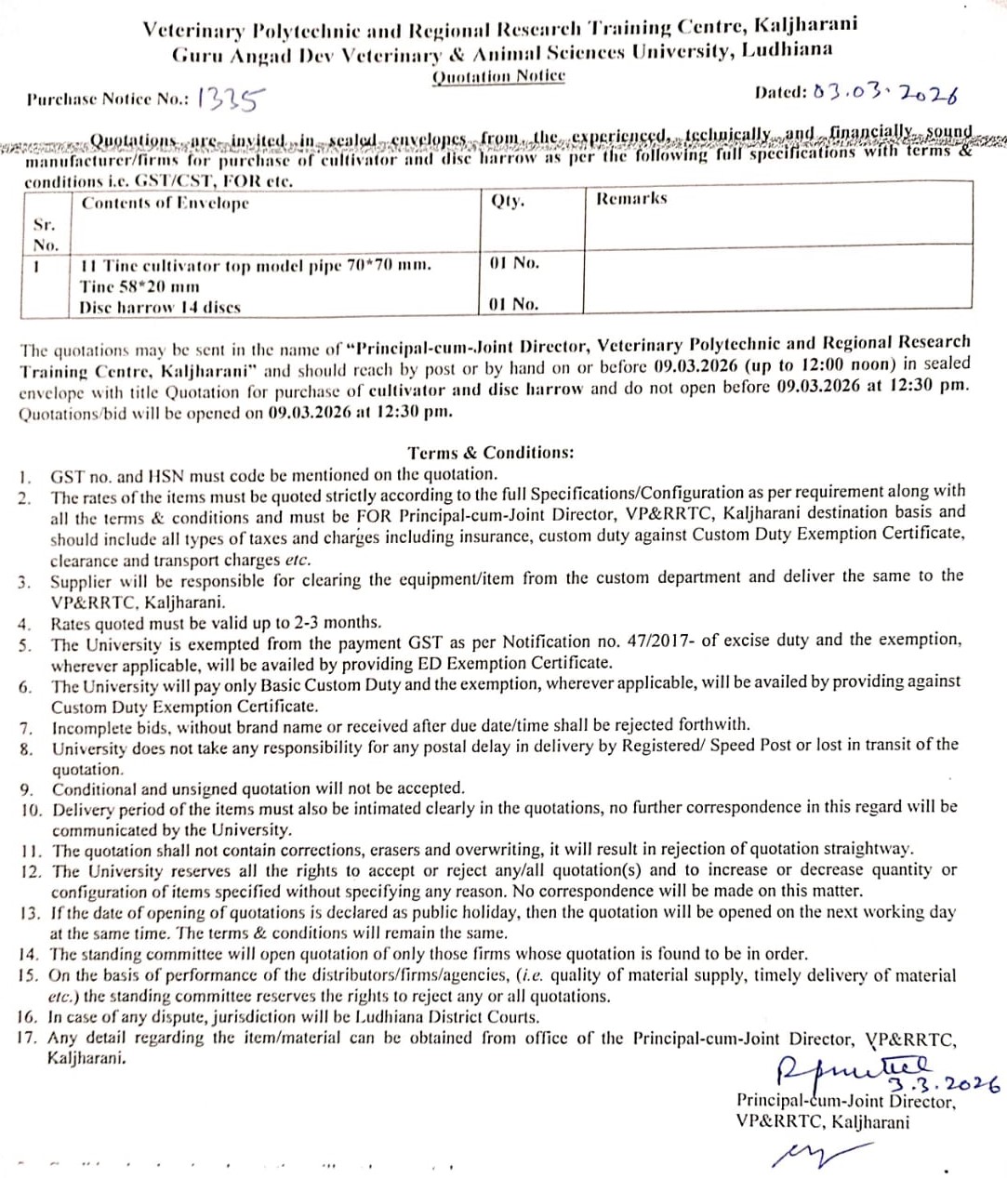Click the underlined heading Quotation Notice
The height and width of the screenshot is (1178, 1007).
pyautogui.click(x=498, y=75)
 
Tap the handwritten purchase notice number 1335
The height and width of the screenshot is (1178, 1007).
pyautogui.click(x=232, y=97)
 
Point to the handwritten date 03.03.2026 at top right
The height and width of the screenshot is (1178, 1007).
pyautogui.click(x=885, y=93)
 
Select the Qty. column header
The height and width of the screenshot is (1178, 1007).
pyautogui.click(x=508, y=200)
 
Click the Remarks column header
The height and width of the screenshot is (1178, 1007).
pyautogui.click(x=631, y=198)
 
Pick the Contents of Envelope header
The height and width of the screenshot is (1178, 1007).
pyautogui.click(x=166, y=203)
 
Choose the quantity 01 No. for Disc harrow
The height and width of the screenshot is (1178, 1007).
pyautogui.click(x=513, y=304)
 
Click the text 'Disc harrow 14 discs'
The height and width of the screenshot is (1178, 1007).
pyautogui.click(x=160, y=308)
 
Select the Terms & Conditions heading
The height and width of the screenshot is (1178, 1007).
pyautogui.click(x=491, y=453)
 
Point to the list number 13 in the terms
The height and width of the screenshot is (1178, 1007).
pyautogui.click(x=30, y=912)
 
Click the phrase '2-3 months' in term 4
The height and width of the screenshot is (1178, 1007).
pyautogui.click(x=336, y=622)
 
